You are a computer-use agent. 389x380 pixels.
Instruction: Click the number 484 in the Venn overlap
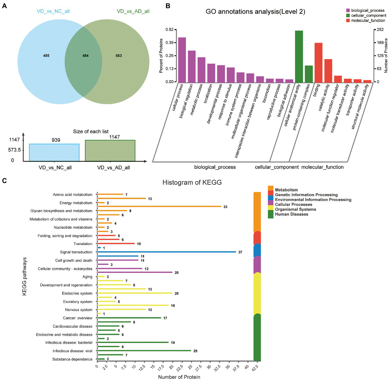85,56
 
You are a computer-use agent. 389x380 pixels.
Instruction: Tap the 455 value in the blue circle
46,56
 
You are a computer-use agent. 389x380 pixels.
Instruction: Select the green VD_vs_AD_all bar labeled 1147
110,151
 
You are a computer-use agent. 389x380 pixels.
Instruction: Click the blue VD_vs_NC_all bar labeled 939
54,152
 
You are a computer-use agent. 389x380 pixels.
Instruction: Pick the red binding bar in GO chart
318,63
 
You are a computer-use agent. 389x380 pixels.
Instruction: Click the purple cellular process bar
182,60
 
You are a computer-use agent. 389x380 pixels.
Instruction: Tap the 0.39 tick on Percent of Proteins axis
170,43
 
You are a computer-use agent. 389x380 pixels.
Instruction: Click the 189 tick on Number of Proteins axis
380,43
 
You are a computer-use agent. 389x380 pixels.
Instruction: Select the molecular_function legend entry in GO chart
368,21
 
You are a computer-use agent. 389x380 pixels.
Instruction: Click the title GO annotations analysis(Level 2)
255,12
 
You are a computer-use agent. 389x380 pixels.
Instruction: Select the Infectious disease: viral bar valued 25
144,351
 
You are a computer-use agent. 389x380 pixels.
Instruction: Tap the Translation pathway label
83,244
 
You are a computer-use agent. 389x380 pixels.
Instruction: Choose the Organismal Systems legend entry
295,209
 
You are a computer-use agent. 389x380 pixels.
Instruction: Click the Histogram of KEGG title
192,182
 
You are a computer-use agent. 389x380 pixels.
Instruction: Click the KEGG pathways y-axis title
24,276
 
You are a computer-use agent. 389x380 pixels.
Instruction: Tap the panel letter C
4,181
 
